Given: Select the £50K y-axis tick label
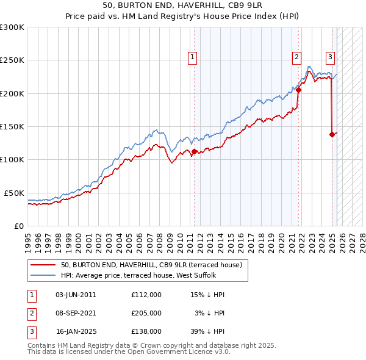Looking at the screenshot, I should click(x=14, y=193).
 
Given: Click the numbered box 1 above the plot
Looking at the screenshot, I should click(x=192, y=58).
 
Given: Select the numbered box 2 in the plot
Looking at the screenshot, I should click(x=296, y=58).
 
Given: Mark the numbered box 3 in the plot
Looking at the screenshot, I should click(x=330, y=58).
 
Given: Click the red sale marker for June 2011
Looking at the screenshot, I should click(x=194, y=152).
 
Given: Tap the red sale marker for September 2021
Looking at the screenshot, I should click(x=299, y=90).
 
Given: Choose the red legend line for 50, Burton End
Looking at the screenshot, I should click(x=43, y=265).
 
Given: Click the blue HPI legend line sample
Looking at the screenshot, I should click(x=43, y=275).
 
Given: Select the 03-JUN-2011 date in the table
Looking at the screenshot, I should click(x=76, y=295).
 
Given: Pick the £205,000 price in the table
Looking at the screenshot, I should click(x=146, y=313).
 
